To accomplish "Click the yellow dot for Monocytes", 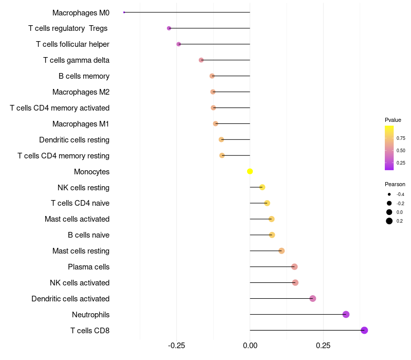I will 250,171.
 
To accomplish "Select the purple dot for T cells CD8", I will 364,330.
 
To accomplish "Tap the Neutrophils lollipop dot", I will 346,314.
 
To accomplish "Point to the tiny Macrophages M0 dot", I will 124,12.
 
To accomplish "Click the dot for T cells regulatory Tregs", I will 169,28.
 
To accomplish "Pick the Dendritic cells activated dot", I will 313,298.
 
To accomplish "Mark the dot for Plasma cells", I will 294,266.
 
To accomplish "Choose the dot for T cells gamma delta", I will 201,60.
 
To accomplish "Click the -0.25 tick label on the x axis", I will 177,345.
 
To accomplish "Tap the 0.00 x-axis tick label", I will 250,345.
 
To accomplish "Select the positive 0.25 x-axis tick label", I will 323,345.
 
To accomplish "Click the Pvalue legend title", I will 393,120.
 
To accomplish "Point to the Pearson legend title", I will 395,184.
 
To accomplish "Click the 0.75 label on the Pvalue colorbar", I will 401,138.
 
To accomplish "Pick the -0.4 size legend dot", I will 389,194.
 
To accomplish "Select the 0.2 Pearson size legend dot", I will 389,221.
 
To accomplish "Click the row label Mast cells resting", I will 81,251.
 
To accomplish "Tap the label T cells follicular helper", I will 72,44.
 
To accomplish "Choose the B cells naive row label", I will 88,235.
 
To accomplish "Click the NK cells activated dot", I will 295,282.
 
